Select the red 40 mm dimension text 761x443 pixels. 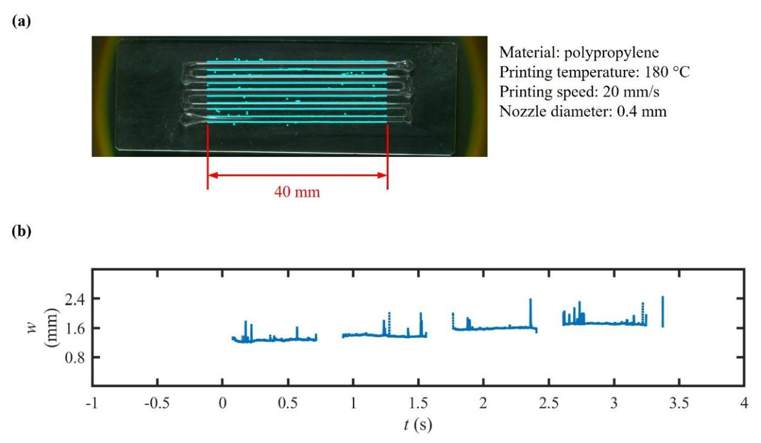click(297, 193)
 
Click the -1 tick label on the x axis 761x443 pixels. click(92, 404)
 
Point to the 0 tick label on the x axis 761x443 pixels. click(223, 404)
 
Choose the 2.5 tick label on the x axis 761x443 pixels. click(549, 404)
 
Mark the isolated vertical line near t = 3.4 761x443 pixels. click(663, 311)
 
